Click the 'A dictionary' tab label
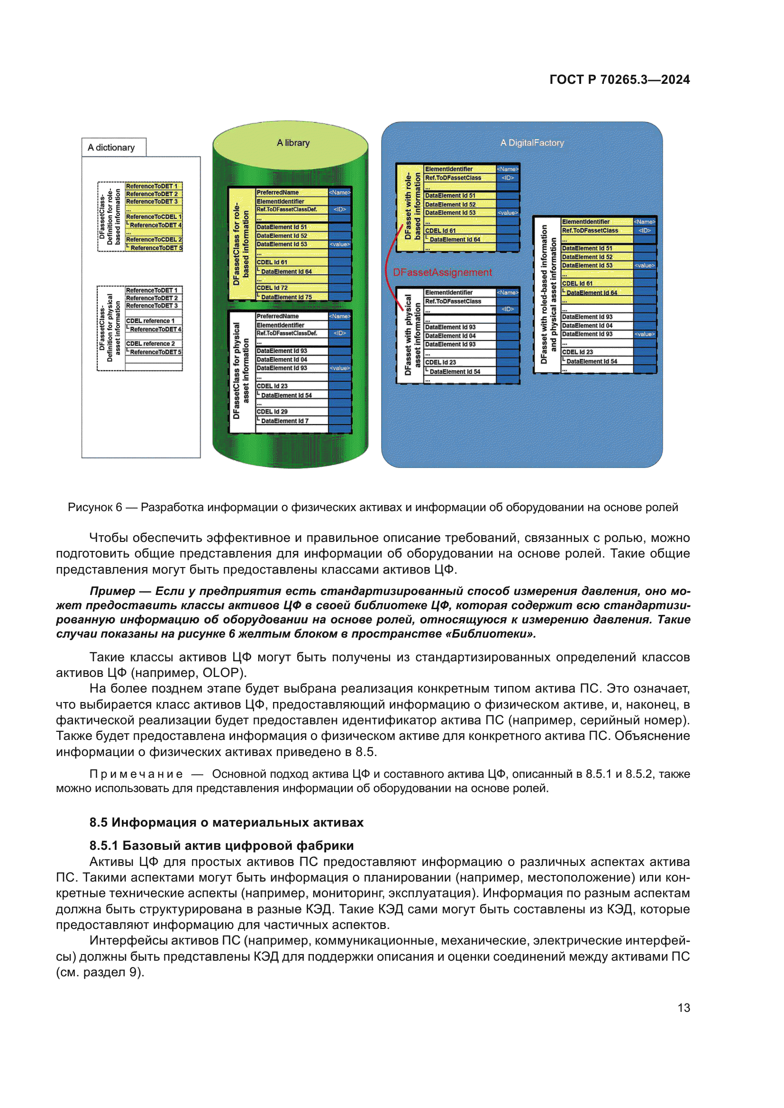click(111, 148)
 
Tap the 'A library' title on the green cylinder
click(293, 143)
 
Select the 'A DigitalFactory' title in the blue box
click(532, 143)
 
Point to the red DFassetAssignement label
click(442, 273)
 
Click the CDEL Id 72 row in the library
click(272, 288)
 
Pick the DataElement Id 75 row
click(286, 297)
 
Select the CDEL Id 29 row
click(272, 412)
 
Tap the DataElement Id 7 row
click(285, 421)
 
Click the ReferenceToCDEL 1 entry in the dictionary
click(154, 217)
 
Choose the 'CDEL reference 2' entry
click(151, 343)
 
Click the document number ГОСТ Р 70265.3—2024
click(620, 80)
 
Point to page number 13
click(684, 1008)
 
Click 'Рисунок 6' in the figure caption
click(95, 507)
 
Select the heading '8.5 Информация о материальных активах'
click(226, 822)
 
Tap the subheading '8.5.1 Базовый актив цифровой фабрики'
click(221, 846)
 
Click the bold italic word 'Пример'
click(112, 591)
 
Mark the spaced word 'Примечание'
click(136, 774)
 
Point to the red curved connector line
click(388, 270)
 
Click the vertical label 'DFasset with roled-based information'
click(544, 294)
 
